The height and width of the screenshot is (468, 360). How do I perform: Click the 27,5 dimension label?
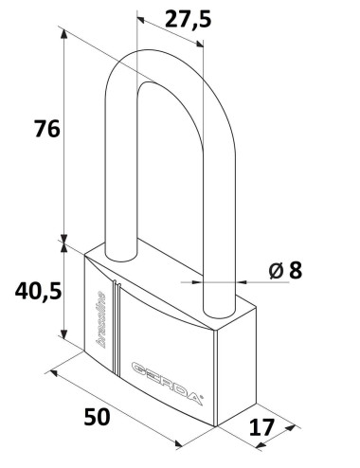(x=189, y=19)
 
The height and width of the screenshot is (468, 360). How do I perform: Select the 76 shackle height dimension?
(x=47, y=129)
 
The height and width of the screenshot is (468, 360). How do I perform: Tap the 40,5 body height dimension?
(x=38, y=291)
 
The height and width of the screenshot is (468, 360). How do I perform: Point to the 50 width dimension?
(x=98, y=417)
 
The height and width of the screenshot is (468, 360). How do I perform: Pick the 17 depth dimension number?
(x=261, y=427)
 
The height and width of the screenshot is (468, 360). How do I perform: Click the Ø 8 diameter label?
(x=285, y=271)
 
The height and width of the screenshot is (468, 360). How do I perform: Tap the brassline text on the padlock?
(x=100, y=319)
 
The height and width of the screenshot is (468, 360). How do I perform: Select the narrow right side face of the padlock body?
(x=237, y=365)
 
